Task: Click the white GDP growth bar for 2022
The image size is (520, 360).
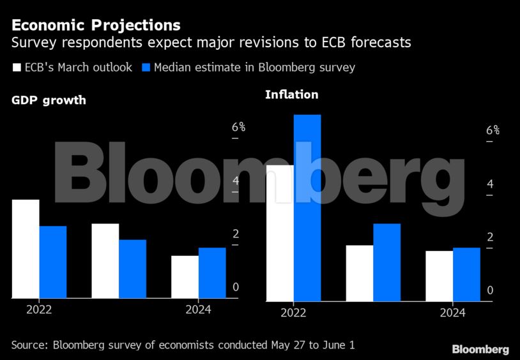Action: tap(26, 249)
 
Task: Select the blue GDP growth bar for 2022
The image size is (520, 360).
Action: tap(53, 262)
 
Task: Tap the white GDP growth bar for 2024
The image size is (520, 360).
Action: tap(185, 276)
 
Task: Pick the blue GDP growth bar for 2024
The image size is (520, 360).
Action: tap(212, 273)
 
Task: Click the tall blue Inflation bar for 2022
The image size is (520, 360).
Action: tap(307, 207)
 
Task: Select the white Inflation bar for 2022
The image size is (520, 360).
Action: tap(280, 233)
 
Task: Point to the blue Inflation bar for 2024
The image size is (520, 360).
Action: tap(466, 274)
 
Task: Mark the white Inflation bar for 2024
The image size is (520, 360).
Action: tap(440, 276)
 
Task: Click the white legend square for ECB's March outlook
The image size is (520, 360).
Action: tap(16, 67)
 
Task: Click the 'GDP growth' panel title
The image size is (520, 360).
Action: tap(49, 100)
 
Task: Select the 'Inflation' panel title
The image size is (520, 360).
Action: tap(291, 94)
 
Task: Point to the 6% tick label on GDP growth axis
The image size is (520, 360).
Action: tap(238, 127)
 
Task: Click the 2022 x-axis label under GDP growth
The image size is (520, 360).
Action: tap(39, 310)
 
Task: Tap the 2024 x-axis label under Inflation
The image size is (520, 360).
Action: tap(453, 313)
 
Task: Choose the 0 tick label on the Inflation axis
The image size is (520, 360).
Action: tap(490, 290)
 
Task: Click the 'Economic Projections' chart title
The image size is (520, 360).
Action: tap(96, 26)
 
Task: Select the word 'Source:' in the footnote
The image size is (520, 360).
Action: tap(30, 345)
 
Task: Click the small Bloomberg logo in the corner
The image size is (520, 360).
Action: tap(480, 349)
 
